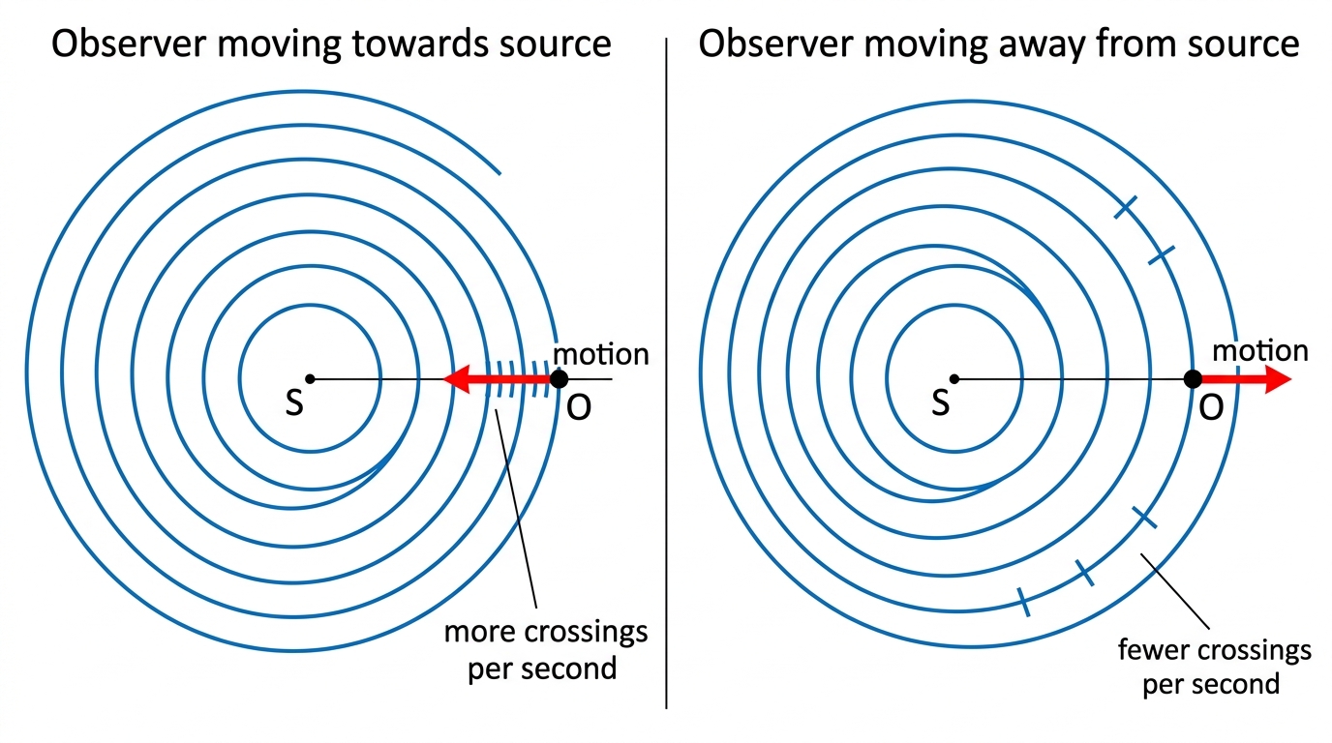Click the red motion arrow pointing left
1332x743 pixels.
[x=497, y=378]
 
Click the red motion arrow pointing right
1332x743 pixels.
[x=1247, y=379]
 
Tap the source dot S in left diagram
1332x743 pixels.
[x=310, y=378]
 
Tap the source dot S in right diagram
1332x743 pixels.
[x=954, y=378]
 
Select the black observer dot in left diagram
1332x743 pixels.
[x=559, y=378]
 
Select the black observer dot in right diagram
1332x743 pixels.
[x=1193, y=378]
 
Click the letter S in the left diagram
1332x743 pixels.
[x=294, y=403]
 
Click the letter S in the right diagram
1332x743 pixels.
[x=940, y=403]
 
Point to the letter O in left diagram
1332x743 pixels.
[x=579, y=407]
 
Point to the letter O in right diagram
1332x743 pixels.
[x=1211, y=407]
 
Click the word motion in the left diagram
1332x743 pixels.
[x=600, y=354]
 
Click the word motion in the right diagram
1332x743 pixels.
[x=1260, y=350]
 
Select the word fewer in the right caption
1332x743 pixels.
[x=1152, y=650]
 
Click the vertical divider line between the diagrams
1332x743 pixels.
[x=666, y=373]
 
